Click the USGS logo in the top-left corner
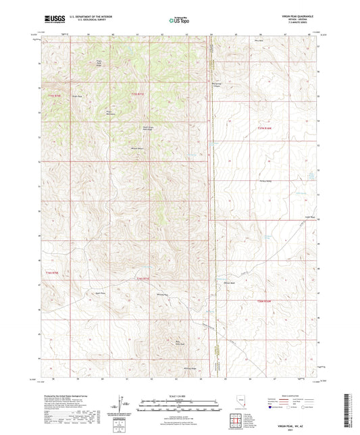tap(51, 20)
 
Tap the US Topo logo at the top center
tap(179, 20)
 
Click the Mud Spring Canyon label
tap(218, 87)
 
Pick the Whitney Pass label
tap(162, 295)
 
